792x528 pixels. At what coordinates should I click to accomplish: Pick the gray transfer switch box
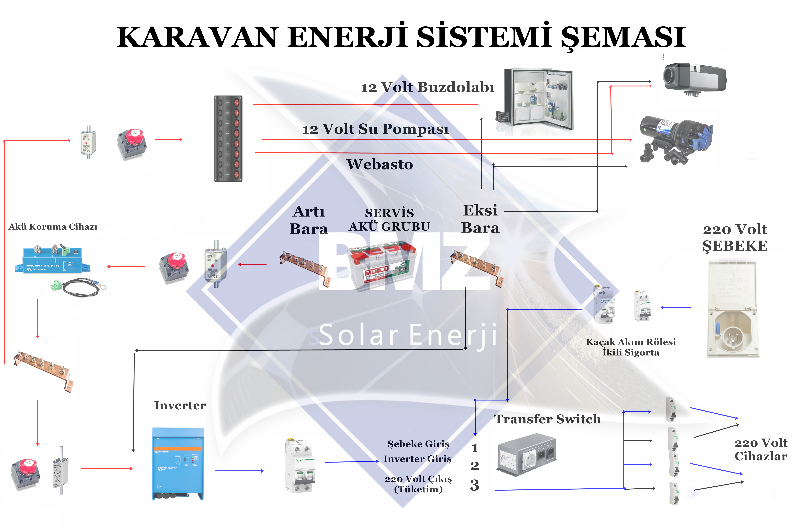[527, 455]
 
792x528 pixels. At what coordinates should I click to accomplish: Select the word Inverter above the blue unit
[180, 405]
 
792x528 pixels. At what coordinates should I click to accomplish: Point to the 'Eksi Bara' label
[480, 219]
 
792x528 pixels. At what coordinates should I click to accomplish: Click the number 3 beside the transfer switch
[474, 485]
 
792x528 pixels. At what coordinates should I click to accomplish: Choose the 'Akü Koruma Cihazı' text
[53, 227]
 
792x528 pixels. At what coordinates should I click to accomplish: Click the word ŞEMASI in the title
[623, 37]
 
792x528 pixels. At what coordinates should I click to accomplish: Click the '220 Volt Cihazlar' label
[761, 450]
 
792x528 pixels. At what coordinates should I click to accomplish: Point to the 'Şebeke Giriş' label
[418, 444]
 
